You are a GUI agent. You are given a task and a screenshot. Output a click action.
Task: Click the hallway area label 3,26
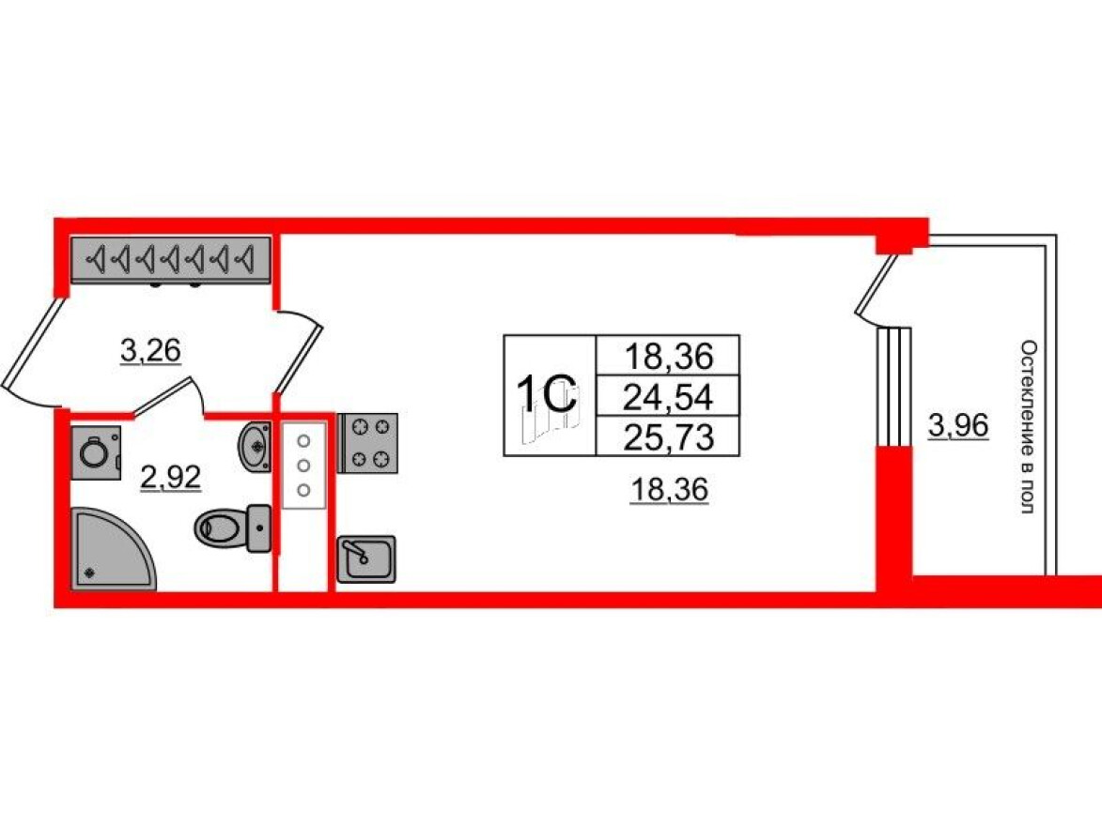pyautogui.click(x=150, y=350)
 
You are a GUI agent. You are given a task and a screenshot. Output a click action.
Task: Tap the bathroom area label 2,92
pyautogui.click(x=171, y=478)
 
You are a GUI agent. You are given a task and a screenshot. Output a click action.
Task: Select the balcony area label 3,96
pyautogui.click(x=958, y=425)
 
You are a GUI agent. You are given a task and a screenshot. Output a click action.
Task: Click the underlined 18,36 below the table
pyautogui.click(x=669, y=489)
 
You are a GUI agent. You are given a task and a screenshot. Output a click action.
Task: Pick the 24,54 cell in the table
pyautogui.click(x=668, y=397)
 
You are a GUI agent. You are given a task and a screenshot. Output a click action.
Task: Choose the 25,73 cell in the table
pyautogui.click(x=668, y=436)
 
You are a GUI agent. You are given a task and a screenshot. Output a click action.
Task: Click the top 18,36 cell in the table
pyautogui.click(x=668, y=356)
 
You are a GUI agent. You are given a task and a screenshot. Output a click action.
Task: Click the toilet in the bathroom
pyautogui.click(x=232, y=528)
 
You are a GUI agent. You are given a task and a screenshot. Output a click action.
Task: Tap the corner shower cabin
pyautogui.click(x=113, y=549)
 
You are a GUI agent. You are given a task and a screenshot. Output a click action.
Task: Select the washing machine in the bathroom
pyautogui.click(x=96, y=453)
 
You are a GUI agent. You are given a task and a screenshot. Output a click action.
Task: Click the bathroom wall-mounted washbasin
pyautogui.click(x=255, y=446)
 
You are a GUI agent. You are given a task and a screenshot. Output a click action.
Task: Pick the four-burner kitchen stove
pyautogui.click(x=368, y=442)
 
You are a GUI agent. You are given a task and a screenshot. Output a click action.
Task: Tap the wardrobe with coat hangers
pyautogui.click(x=170, y=260)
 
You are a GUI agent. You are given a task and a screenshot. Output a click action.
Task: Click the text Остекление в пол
pyautogui.click(x=1028, y=427)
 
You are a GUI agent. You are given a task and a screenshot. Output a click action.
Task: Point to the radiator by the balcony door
pyautogui.click(x=894, y=387)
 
